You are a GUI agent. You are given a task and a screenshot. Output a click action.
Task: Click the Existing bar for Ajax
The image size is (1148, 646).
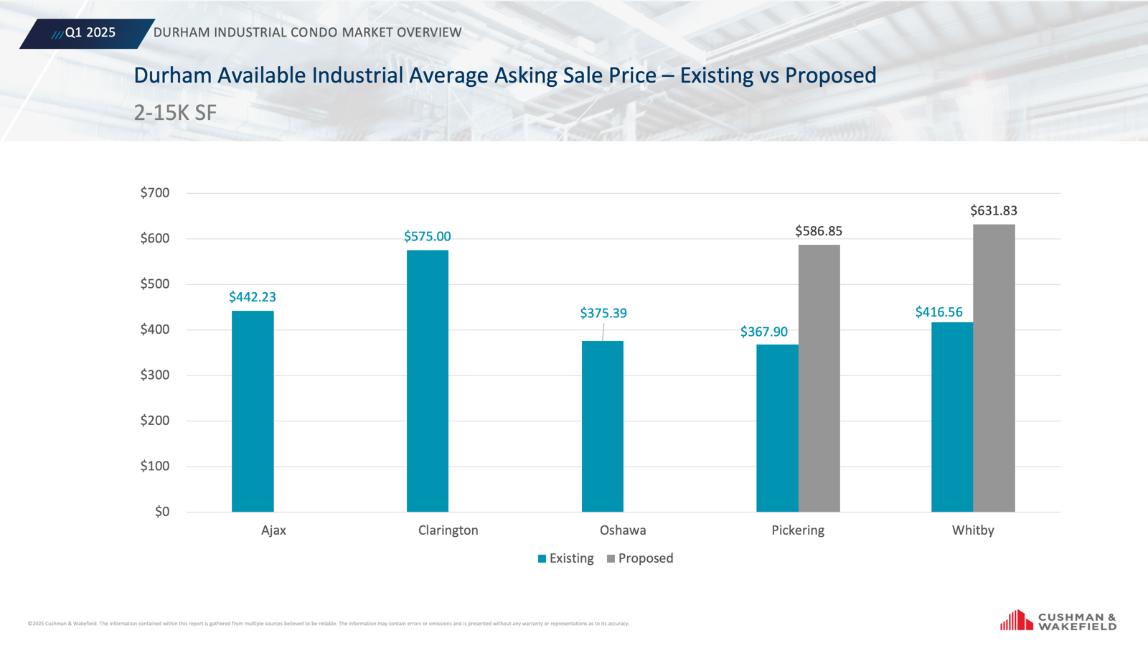(253, 411)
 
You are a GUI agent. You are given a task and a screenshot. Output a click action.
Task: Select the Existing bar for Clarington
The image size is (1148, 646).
(428, 381)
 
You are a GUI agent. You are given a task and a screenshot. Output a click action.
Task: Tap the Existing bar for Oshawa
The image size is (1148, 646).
(603, 426)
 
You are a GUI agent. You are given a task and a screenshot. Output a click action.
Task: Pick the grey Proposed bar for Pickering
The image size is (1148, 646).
(819, 378)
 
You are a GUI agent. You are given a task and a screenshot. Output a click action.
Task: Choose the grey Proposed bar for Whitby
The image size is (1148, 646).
(994, 368)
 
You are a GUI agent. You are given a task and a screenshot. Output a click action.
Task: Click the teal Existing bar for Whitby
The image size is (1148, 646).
(952, 417)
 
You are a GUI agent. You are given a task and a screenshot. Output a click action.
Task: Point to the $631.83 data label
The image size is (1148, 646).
(994, 211)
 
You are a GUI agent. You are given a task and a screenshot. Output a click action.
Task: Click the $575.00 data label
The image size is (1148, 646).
(428, 237)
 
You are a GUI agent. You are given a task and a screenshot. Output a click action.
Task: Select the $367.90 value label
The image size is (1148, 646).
(764, 332)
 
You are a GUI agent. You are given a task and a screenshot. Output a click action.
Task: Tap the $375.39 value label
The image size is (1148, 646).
(603, 314)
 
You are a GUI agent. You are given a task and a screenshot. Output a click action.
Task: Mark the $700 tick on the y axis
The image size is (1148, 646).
(155, 193)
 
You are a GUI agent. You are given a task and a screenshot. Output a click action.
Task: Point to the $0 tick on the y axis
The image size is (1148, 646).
(162, 512)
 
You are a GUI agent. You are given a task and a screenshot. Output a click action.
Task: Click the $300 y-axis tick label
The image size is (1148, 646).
(155, 375)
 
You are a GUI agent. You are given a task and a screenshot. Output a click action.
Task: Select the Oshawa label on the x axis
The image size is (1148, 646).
(623, 530)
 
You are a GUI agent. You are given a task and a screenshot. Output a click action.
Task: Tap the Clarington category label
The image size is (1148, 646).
(448, 530)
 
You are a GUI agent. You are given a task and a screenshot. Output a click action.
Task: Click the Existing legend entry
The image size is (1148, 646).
(566, 558)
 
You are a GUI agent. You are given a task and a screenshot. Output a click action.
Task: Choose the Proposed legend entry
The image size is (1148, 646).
(640, 558)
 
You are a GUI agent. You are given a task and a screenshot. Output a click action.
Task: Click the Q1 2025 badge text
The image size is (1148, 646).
(90, 33)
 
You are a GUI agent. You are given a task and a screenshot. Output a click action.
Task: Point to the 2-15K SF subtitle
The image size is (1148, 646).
(175, 113)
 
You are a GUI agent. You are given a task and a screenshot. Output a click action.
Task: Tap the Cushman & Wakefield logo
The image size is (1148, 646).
(1058, 621)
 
